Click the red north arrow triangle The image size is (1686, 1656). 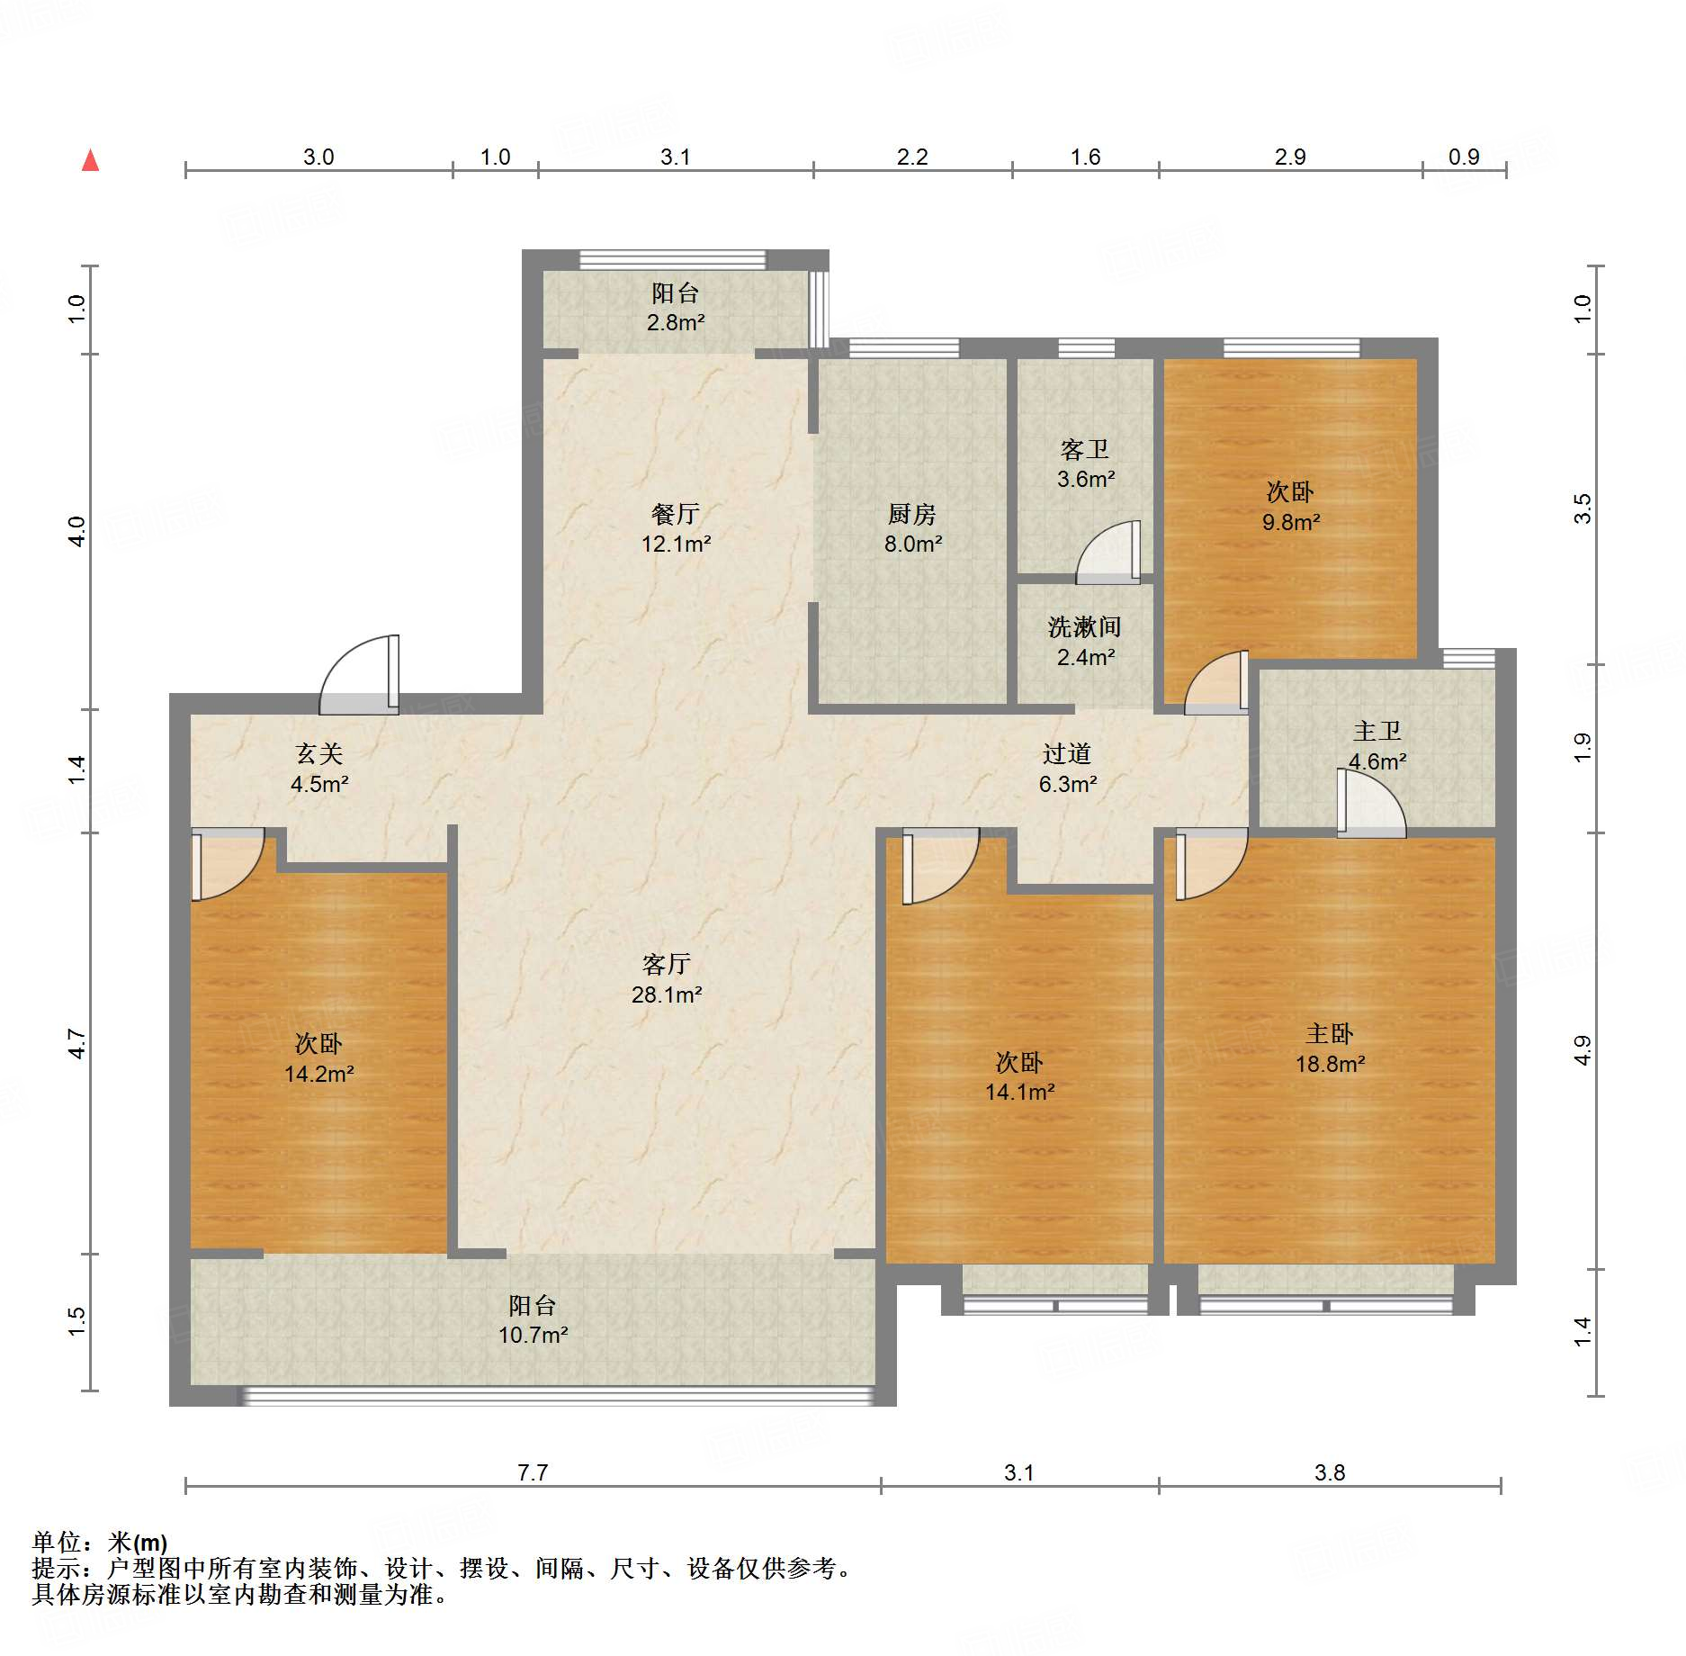coord(90,161)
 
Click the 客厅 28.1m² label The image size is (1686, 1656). coord(667,979)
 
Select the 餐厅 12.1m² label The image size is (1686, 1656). coord(676,529)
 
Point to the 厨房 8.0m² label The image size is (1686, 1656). coord(912,529)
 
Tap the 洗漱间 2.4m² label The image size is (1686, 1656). coord(1085,642)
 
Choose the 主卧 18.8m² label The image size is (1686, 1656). coord(1330,1048)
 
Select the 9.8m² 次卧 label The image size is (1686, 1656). coord(1290,507)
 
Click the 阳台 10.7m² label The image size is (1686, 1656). coord(533,1320)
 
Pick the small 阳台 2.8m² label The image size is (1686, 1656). coord(676,307)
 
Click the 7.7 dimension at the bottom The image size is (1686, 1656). coord(533,1472)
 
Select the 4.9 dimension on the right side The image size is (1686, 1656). coord(1583,1050)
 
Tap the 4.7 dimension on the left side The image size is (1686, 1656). coord(77,1044)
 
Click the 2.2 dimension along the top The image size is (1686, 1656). coord(912,157)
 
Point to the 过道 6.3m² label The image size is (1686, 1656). coord(1067,769)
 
